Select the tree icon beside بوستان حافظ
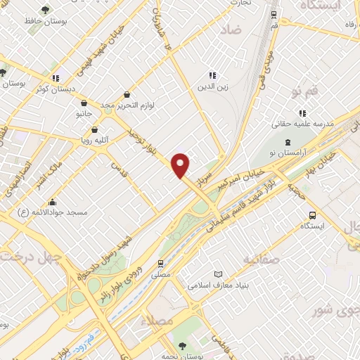click(x=46, y=11)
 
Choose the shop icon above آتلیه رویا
click(x=95, y=129)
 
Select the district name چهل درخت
click(x=28, y=257)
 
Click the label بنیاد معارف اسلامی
click(x=219, y=285)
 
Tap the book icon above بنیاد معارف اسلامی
click(x=218, y=274)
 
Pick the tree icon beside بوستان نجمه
click(x=181, y=346)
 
